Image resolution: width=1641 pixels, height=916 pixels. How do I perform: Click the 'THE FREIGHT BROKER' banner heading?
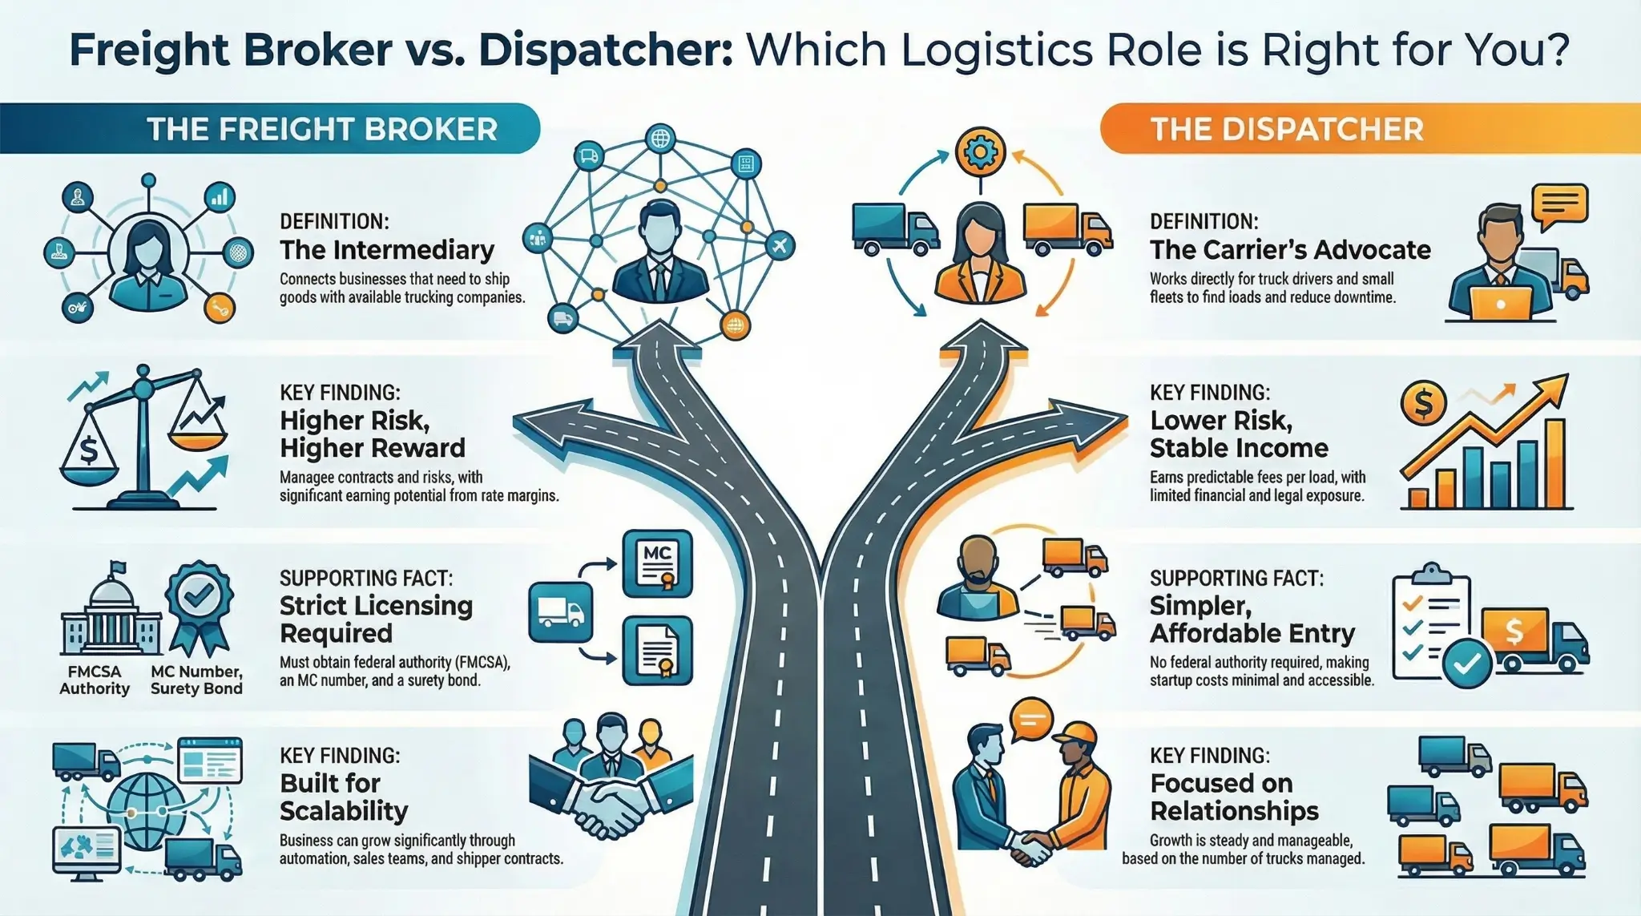pyautogui.click(x=322, y=129)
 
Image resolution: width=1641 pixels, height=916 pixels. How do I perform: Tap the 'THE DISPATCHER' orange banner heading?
pyautogui.click(x=1287, y=129)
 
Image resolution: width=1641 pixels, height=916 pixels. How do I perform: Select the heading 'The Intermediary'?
pyautogui.click(x=387, y=250)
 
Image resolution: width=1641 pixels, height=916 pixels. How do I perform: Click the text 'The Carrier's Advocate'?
pyautogui.click(x=1290, y=250)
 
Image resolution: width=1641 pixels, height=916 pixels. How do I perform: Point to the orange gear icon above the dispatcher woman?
pyautogui.click(x=979, y=151)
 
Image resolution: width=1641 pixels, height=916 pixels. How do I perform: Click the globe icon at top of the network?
pyautogui.click(x=660, y=139)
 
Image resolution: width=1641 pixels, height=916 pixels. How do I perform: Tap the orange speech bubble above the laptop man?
pyautogui.click(x=1558, y=205)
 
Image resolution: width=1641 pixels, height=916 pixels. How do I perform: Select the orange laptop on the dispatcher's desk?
pyautogui.click(x=1501, y=304)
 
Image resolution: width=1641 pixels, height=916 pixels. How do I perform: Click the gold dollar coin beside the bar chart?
pyautogui.click(x=1423, y=402)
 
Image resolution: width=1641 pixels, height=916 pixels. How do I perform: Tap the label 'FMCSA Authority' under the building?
pyautogui.click(x=95, y=680)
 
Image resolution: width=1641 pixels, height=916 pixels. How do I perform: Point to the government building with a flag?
pyautogui.click(x=111, y=613)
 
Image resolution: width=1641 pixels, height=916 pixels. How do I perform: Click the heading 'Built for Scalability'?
pyautogui.click(x=344, y=797)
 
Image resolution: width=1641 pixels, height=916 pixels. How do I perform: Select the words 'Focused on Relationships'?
pyautogui.click(x=1234, y=797)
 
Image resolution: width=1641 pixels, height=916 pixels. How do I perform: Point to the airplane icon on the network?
pyautogui.click(x=780, y=244)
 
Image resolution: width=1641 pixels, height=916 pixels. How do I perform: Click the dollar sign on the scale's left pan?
pyautogui.click(x=88, y=450)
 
